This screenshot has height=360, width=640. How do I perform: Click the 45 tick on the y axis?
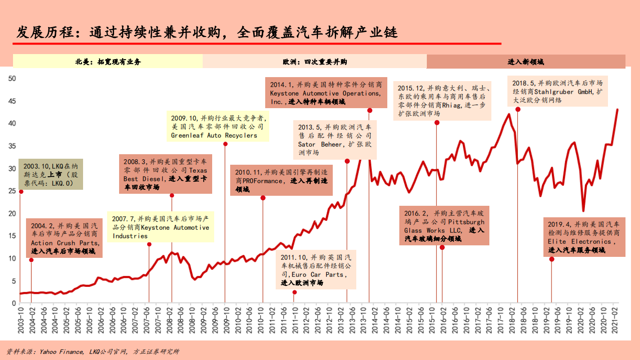13,101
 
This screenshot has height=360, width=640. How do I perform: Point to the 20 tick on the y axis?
13,213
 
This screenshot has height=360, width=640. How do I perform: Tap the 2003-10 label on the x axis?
20,318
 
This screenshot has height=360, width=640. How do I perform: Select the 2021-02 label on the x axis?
616,318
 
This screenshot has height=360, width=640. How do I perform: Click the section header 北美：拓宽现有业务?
108,62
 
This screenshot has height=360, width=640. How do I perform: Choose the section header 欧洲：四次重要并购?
315,62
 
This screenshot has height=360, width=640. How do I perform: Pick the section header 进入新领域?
525,62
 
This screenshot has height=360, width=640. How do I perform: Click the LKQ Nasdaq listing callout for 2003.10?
51,174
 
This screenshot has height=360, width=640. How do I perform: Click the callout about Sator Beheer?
334,140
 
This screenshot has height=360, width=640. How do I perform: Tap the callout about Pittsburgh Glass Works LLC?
444,226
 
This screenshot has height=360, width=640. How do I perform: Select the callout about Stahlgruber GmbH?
557,92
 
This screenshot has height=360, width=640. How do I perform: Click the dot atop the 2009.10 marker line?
225,144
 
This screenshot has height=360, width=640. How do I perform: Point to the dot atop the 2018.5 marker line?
517,110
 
